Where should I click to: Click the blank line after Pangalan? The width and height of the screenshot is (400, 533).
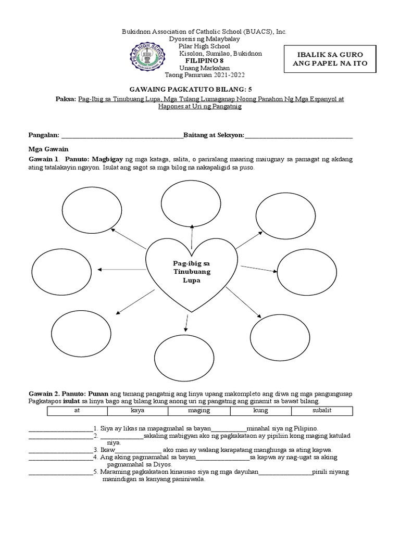click(122, 136)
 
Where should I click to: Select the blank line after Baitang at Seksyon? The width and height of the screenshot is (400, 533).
click(298, 136)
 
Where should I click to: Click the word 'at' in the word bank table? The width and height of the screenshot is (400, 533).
click(77, 411)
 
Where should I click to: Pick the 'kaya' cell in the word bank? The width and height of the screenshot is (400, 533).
click(137, 411)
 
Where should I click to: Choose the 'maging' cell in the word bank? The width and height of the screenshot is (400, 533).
click(199, 411)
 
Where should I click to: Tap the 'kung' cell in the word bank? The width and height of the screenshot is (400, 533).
click(260, 411)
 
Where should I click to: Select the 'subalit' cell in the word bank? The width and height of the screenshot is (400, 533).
click(322, 411)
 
